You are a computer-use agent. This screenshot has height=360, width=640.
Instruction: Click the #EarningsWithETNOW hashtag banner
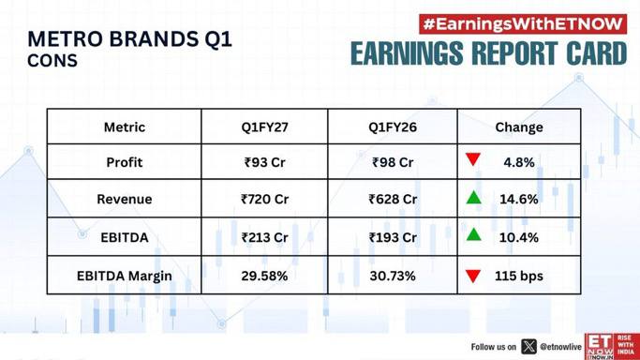(523, 24)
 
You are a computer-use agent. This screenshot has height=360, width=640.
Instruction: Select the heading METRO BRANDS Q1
(130, 39)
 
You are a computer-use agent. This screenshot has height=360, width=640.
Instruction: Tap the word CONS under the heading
(52, 61)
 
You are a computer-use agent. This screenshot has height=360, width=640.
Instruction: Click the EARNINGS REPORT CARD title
(488, 53)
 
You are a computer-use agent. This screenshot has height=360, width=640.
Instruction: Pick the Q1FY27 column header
(264, 127)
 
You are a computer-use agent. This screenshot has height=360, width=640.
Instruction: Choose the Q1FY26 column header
(393, 127)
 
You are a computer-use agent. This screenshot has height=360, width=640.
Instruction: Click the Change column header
(519, 127)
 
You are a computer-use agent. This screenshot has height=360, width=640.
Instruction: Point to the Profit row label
(125, 162)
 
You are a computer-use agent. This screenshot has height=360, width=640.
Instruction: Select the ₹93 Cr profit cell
(264, 162)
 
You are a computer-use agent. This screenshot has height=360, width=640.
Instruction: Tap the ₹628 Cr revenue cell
(393, 199)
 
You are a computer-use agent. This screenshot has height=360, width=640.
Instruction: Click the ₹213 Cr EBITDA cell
(264, 237)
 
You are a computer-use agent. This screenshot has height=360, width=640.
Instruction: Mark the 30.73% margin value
(393, 276)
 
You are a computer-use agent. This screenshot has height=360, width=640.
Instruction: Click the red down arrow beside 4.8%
(473, 159)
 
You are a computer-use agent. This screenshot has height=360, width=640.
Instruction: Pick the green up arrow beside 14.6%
(473, 197)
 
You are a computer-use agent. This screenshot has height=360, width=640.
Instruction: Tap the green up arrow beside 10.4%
(473, 234)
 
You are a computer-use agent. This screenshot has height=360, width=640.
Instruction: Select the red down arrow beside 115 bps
(473, 277)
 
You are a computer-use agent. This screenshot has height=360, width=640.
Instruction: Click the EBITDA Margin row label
(125, 277)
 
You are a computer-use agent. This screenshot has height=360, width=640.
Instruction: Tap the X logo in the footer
(528, 347)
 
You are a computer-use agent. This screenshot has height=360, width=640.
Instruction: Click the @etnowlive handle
(560, 347)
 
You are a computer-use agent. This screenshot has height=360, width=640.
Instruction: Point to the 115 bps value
(519, 277)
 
